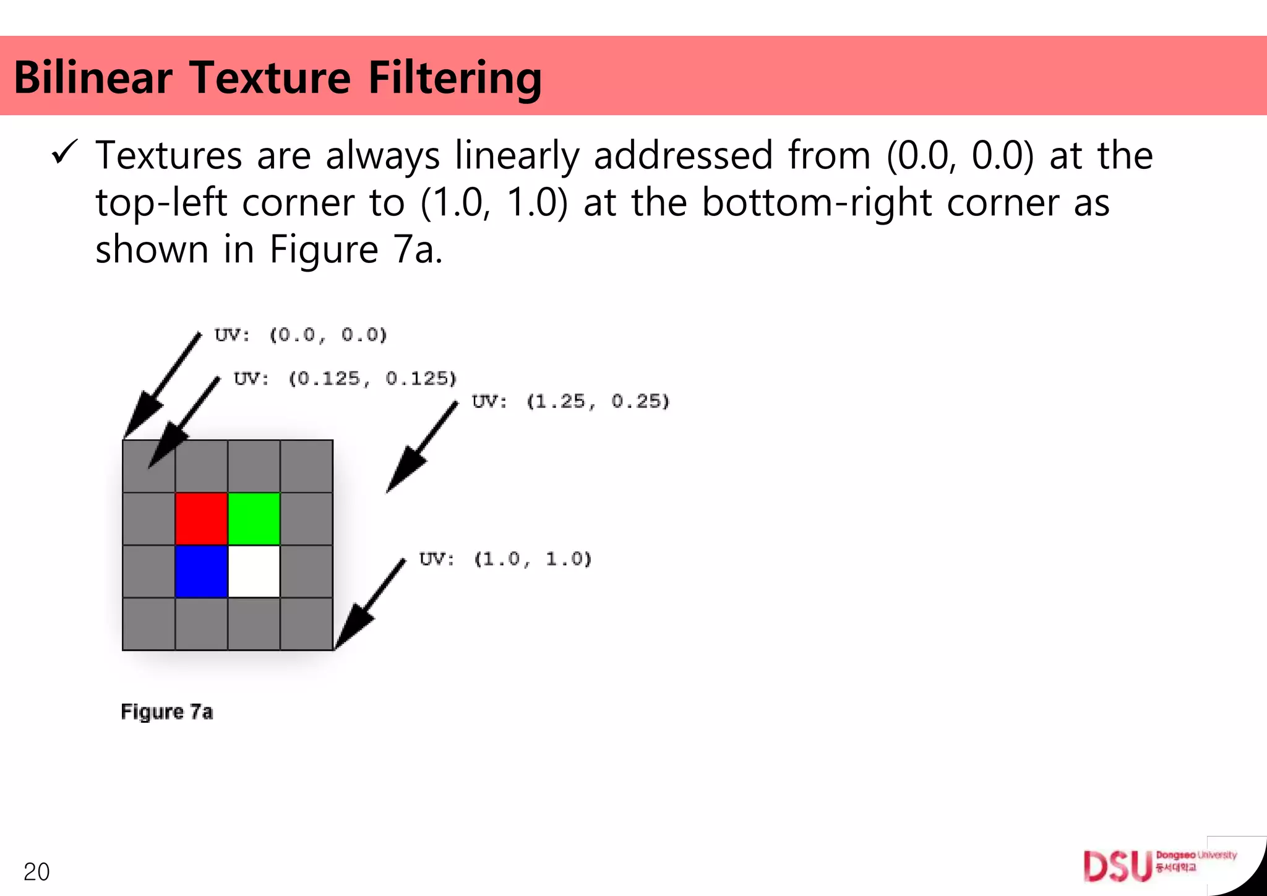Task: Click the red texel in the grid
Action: [x=202, y=519]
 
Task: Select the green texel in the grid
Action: [x=254, y=519]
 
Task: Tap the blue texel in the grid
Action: [x=202, y=571]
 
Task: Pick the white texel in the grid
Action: [x=254, y=571]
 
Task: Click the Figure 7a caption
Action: [x=167, y=712]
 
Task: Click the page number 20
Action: [x=37, y=871]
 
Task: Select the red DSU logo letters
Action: [x=1117, y=866]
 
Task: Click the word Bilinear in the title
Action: [x=93, y=78]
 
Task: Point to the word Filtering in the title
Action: [x=455, y=78]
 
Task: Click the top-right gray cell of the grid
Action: [x=307, y=466]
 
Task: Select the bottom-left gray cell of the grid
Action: [x=149, y=624]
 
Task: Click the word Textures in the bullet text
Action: [x=169, y=155]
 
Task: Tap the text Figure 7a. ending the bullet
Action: [x=356, y=249]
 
